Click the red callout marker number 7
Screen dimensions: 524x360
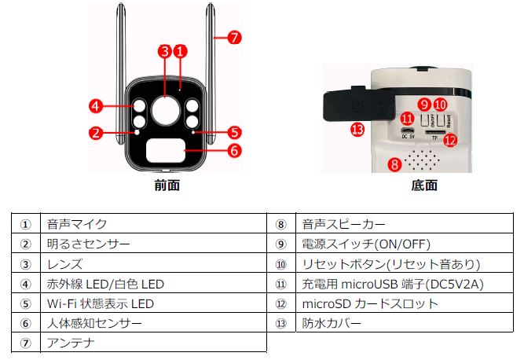pyautogui.click(x=235, y=37)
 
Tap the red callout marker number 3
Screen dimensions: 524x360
pyautogui.click(x=165, y=51)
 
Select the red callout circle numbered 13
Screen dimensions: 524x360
pyautogui.click(x=357, y=130)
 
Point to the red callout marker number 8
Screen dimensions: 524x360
pyautogui.click(x=394, y=164)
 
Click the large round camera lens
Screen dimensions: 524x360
pyautogui.click(x=166, y=110)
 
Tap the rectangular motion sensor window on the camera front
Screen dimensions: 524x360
pyautogui.click(x=166, y=151)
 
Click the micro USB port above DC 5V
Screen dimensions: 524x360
pyautogui.click(x=408, y=130)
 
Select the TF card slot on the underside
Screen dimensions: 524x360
pyautogui.click(x=434, y=132)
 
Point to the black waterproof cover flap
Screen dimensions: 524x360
pyautogui.click(x=359, y=103)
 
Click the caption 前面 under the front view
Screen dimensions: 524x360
pyautogui.click(x=167, y=186)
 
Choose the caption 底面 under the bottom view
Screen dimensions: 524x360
pyautogui.click(x=424, y=186)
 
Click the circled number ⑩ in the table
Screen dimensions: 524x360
pyautogui.click(x=281, y=265)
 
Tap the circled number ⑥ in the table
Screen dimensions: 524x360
pyautogui.click(x=25, y=324)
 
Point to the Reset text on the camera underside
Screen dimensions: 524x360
pyautogui.click(x=449, y=121)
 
